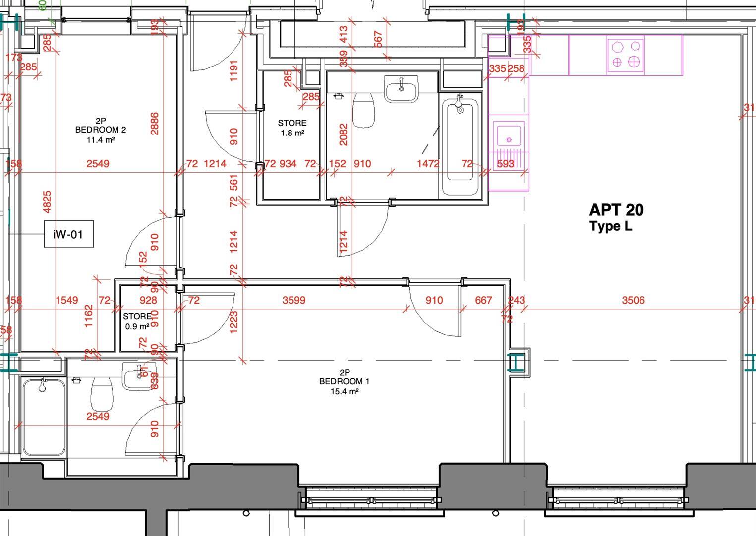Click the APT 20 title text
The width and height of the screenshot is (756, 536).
pyautogui.click(x=616, y=210)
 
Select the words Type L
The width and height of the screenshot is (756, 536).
pyautogui.click(x=611, y=227)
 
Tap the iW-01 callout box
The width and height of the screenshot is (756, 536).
pyautogui.click(x=68, y=234)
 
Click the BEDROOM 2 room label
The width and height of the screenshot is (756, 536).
pyautogui.click(x=100, y=130)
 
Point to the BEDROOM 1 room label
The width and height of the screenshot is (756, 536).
pyautogui.click(x=344, y=381)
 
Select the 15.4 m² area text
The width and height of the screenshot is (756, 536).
pyautogui.click(x=344, y=391)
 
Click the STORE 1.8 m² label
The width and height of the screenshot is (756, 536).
pyautogui.click(x=292, y=128)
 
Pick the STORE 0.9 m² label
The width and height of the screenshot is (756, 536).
pyautogui.click(x=137, y=321)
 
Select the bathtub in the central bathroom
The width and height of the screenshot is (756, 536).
pyautogui.click(x=461, y=145)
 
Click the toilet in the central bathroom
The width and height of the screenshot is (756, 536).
pyautogui.click(x=363, y=110)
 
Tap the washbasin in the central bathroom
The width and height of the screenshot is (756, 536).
pyautogui.click(x=402, y=89)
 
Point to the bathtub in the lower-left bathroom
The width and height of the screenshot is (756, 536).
pyautogui.click(x=43, y=416)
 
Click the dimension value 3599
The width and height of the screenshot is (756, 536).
pyautogui.click(x=293, y=300)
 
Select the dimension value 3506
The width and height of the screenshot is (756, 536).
pyautogui.click(x=633, y=300)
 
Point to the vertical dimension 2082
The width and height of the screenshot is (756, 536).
pyautogui.click(x=343, y=134)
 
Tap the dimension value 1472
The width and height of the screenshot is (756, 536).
pyautogui.click(x=428, y=164)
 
